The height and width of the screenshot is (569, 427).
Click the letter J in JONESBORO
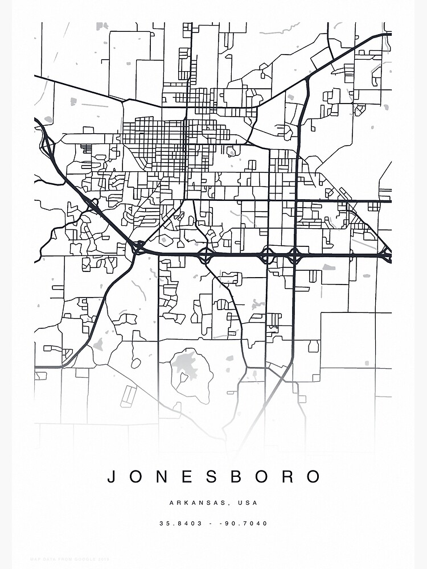click(x=112, y=476)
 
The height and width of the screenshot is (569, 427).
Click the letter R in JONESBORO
click(x=290, y=476)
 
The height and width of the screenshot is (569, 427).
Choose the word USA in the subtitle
click(x=249, y=503)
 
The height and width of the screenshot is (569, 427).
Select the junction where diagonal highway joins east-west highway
click(x=138, y=247)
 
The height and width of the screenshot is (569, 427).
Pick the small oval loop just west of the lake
click(x=136, y=362)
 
